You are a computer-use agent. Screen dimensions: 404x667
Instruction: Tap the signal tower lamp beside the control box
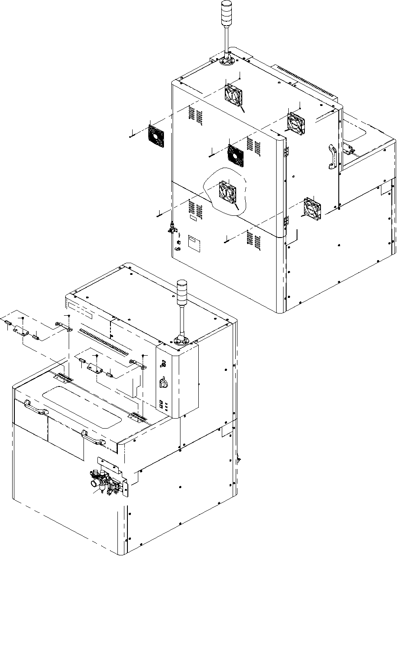181,290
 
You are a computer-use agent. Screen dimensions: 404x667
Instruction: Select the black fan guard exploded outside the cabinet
156,136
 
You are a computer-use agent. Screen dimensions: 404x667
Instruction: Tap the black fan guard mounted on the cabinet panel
236,155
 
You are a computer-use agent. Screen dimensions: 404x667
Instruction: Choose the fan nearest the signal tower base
234,94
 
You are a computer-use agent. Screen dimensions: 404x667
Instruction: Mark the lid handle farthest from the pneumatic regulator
36,406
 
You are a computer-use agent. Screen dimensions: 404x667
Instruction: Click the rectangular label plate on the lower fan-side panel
193,244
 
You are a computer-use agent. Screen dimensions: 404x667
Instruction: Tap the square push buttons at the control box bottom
163,405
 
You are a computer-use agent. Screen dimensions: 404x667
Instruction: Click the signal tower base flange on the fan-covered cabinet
227,61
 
